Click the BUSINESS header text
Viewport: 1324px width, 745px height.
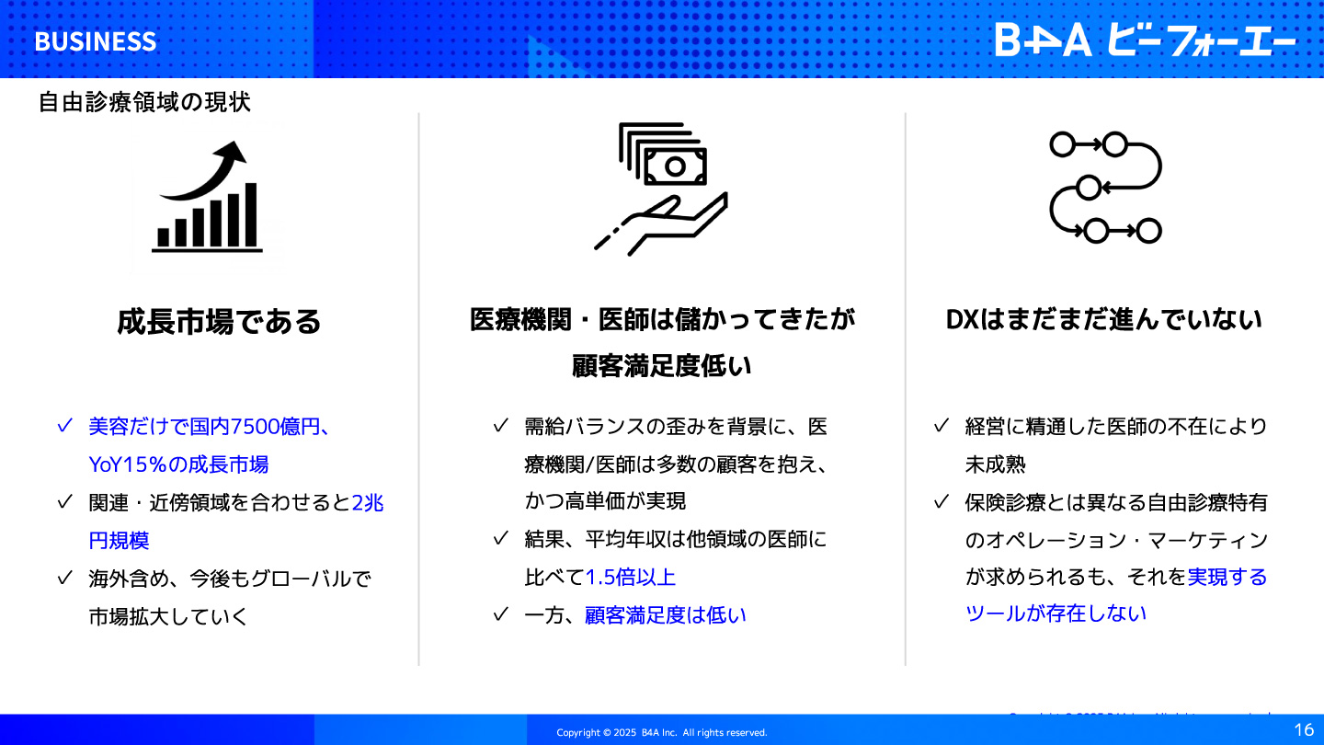[96, 42]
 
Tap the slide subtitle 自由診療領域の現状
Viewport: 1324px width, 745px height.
[145, 102]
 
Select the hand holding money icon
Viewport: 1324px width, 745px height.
[661, 189]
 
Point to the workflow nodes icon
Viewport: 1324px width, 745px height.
[1105, 188]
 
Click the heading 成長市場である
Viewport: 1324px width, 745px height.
[219, 322]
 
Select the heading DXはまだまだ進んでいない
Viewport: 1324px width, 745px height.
[1103, 320]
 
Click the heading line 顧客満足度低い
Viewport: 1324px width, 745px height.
[661, 365]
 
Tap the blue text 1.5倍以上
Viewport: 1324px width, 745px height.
[630, 577]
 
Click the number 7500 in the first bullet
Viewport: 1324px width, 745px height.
[254, 427]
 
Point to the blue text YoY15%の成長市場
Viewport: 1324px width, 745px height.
[178, 464]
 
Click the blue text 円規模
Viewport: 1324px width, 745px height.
[119, 541]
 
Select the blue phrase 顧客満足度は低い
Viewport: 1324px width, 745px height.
[666, 615]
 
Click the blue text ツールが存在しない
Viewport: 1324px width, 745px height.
[1056, 613]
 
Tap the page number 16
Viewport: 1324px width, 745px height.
[1304, 729]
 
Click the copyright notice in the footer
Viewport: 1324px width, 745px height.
[661, 732]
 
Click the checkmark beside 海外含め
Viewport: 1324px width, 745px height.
[65, 577]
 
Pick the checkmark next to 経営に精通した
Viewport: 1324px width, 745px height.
[941, 426]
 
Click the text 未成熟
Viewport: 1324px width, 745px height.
[996, 464]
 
